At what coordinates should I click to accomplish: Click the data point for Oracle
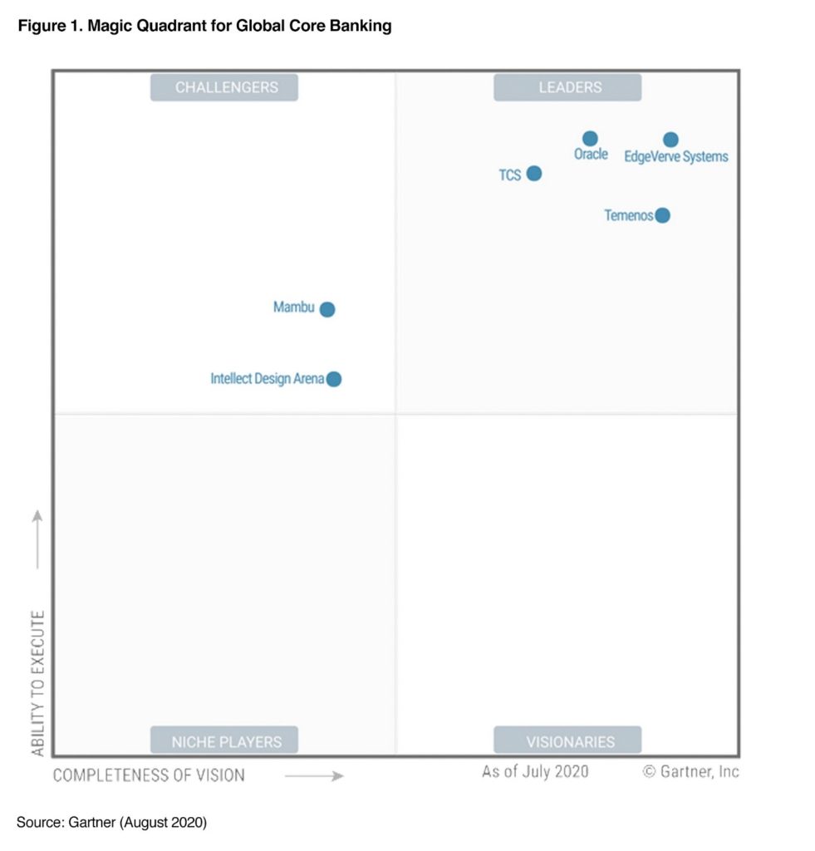(x=590, y=139)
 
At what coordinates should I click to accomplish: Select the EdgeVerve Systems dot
(x=670, y=140)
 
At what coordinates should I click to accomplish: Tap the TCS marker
(x=534, y=174)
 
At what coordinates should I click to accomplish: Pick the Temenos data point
(x=662, y=216)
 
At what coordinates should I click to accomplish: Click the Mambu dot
(x=327, y=309)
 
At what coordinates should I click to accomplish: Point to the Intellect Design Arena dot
(x=334, y=379)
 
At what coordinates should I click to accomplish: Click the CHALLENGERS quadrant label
(x=224, y=87)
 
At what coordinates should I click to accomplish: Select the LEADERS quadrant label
(x=568, y=87)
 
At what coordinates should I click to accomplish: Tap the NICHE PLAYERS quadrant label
(x=224, y=740)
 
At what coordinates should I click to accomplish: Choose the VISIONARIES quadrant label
(x=568, y=740)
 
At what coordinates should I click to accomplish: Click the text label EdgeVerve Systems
(x=676, y=157)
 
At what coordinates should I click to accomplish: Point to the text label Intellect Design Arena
(x=267, y=379)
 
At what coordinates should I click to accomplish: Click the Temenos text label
(x=628, y=216)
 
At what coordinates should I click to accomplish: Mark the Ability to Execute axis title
(x=38, y=683)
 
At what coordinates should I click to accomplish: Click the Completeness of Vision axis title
(x=150, y=775)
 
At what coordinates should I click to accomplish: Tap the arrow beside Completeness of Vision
(x=314, y=776)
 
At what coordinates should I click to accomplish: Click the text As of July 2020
(x=535, y=772)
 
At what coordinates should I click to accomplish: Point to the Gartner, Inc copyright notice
(x=691, y=772)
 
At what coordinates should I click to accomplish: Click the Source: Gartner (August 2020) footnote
(x=111, y=823)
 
